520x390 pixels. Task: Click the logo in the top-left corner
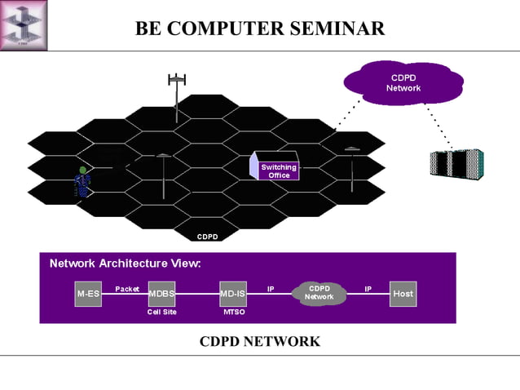pyautogui.click(x=24, y=24)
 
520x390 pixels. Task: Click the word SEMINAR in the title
pyautogui.click(x=332, y=29)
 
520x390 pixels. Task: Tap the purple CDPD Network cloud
pyautogui.click(x=403, y=82)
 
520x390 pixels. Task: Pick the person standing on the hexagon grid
pyautogui.click(x=82, y=183)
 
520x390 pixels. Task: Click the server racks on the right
pyautogui.click(x=456, y=163)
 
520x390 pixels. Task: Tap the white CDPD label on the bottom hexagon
pyautogui.click(x=207, y=237)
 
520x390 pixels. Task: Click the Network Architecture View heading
pyautogui.click(x=125, y=264)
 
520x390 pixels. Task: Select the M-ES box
pyautogui.click(x=88, y=294)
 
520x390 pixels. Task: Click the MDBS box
pyautogui.click(x=161, y=294)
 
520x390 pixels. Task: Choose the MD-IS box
pyautogui.click(x=233, y=294)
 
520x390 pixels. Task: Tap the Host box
pyautogui.click(x=403, y=294)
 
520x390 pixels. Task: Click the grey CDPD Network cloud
pyautogui.click(x=319, y=293)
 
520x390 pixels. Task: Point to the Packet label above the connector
pyautogui.click(x=127, y=288)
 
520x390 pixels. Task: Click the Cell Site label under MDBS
pyautogui.click(x=161, y=312)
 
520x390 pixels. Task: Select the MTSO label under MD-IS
pyautogui.click(x=234, y=312)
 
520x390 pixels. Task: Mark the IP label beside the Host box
pyautogui.click(x=368, y=288)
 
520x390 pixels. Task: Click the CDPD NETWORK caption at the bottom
pyautogui.click(x=260, y=341)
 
